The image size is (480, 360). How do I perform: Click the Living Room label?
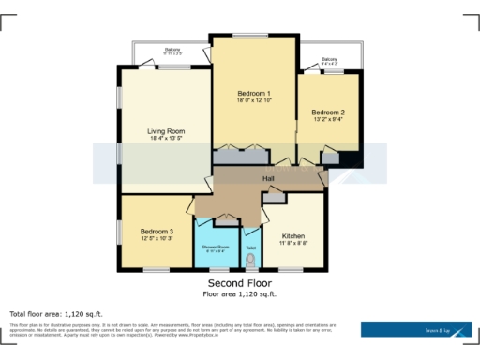(x=166, y=130)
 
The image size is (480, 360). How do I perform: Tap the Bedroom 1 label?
(x=253, y=94)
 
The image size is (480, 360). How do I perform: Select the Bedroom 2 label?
(x=328, y=112)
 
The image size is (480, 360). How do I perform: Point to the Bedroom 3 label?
(x=157, y=231)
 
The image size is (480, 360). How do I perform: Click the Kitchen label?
(x=293, y=235)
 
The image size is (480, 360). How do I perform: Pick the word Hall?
(x=267, y=178)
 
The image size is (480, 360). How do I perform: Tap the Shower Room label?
(x=214, y=246)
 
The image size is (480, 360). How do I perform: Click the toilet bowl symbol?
(x=250, y=259)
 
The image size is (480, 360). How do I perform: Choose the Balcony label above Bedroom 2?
(x=330, y=59)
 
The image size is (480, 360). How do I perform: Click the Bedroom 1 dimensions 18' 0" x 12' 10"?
(x=253, y=102)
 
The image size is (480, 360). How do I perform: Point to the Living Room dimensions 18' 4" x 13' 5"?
(x=166, y=139)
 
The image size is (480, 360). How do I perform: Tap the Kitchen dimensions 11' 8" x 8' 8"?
(x=293, y=244)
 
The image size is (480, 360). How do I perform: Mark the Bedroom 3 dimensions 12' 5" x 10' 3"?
(x=157, y=239)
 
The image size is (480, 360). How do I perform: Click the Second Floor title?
(x=240, y=282)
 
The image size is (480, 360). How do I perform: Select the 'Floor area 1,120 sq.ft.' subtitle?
(x=240, y=293)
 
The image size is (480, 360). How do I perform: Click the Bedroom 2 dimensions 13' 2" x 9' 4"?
(x=328, y=120)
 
